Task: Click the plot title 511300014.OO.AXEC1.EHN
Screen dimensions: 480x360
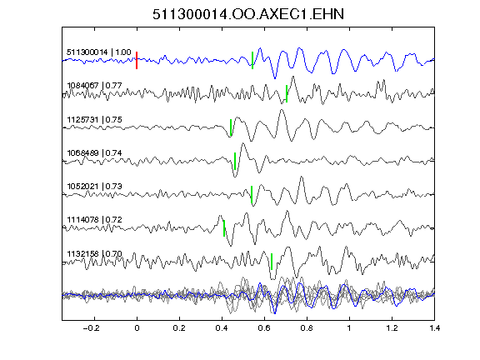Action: pyautogui.click(x=248, y=14)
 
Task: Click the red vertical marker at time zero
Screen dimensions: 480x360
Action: pyautogui.click(x=137, y=60)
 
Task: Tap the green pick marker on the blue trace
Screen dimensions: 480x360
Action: pyautogui.click(x=252, y=60)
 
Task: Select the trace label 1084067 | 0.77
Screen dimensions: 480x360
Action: pyautogui.click(x=94, y=85)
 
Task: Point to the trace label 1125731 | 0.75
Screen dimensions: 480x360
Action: pyautogui.click(x=94, y=119)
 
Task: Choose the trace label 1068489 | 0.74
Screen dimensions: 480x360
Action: pyautogui.click(x=94, y=152)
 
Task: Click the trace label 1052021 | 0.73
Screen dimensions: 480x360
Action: pyautogui.click(x=94, y=186)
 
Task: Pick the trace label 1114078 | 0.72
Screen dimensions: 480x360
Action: pyautogui.click(x=94, y=219)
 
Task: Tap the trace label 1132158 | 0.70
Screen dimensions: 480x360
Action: pyautogui.click(x=94, y=254)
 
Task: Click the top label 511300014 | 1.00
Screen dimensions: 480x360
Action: pyautogui.click(x=99, y=52)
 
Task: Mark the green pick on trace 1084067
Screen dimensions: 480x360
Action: pyautogui.click(x=287, y=93)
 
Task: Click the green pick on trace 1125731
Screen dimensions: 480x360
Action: pyautogui.click(x=231, y=127)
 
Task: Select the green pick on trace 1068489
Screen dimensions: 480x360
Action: pyautogui.click(x=235, y=161)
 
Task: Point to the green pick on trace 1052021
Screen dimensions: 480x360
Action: pyautogui.click(x=252, y=194)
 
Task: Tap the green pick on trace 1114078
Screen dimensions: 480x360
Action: pyautogui.click(x=224, y=228)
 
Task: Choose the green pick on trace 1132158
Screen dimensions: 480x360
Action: pyautogui.click(x=272, y=262)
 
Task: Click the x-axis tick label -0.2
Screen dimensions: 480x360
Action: pyautogui.click(x=91, y=328)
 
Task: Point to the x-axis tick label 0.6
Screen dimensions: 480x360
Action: pyautogui.click(x=264, y=328)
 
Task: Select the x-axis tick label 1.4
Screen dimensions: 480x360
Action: pyautogui.click(x=434, y=328)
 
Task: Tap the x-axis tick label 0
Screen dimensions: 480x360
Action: pyautogui.click(x=137, y=328)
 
